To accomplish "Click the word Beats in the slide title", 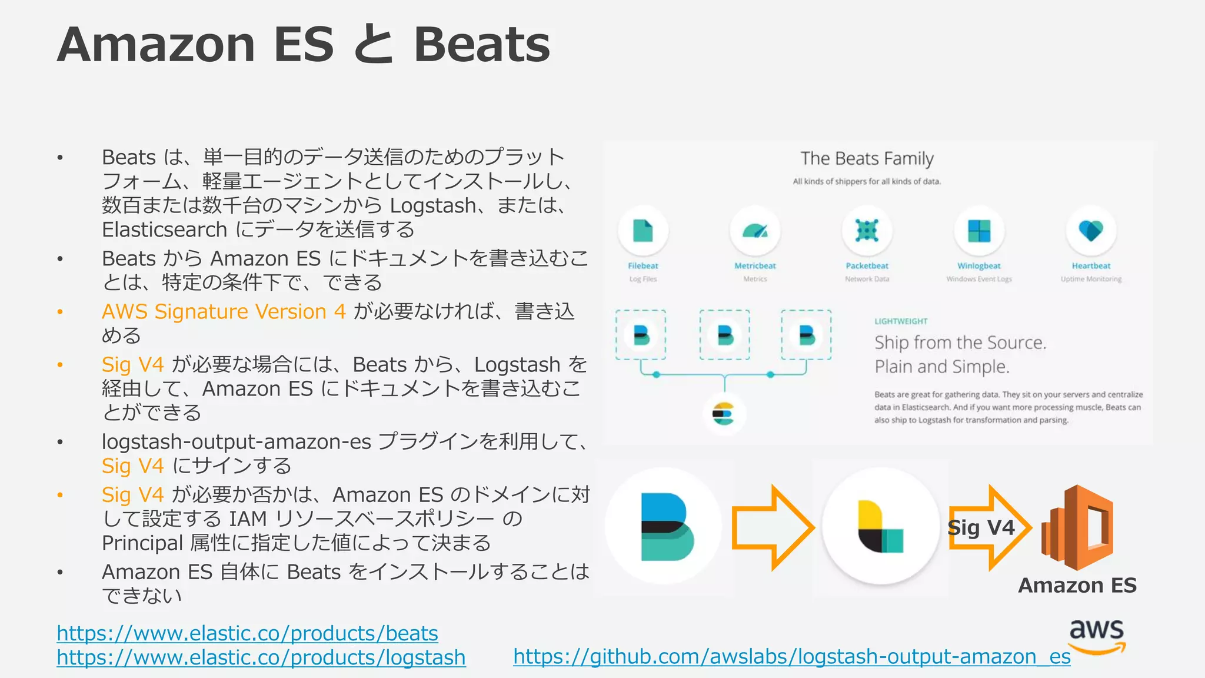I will pyautogui.click(x=481, y=45).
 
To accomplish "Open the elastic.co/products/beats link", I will pyautogui.click(x=247, y=633).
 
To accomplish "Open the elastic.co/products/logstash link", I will pyautogui.click(x=261, y=657).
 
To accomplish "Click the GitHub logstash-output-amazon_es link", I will pyautogui.click(x=791, y=656).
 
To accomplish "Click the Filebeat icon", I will pyautogui.click(x=643, y=230).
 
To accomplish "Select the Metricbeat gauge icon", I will pyautogui.click(x=755, y=230).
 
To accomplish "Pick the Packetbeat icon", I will pyautogui.click(x=867, y=230).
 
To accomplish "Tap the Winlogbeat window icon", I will pyautogui.click(x=979, y=230).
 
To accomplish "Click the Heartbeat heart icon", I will pyautogui.click(x=1091, y=230).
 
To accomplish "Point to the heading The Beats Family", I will pyautogui.click(x=867, y=158).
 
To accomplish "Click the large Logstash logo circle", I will pyautogui.click(x=880, y=526).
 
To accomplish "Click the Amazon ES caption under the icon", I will pyautogui.click(x=1077, y=585).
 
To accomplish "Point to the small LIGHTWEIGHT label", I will pyautogui.click(x=901, y=321).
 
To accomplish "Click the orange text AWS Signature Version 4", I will pyautogui.click(x=224, y=311).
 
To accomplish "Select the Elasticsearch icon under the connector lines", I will pyautogui.click(x=724, y=414).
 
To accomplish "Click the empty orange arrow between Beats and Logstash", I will pyautogui.click(x=772, y=528).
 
